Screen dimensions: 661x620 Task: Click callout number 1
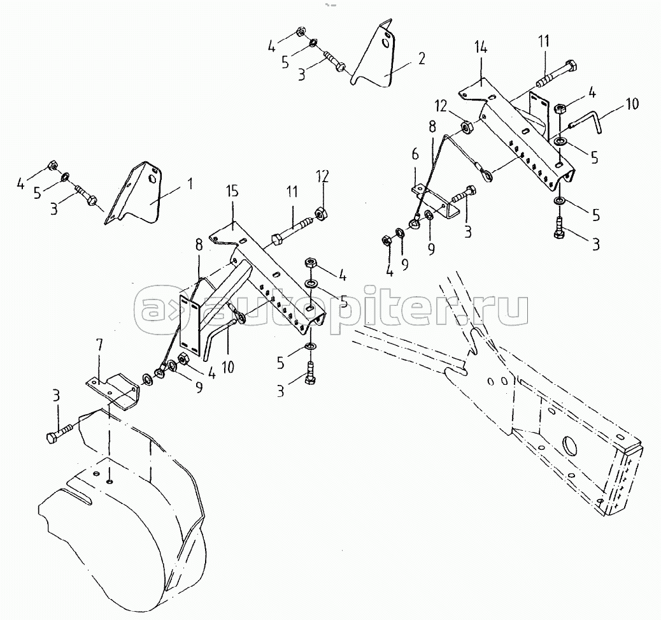pyautogui.click(x=190, y=184)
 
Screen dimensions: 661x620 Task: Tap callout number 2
pyautogui.click(x=422, y=58)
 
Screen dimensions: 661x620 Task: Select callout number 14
pyautogui.click(x=480, y=48)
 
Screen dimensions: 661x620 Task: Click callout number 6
pyautogui.click(x=416, y=154)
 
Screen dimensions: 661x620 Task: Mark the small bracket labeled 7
pyautogui.click(x=114, y=389)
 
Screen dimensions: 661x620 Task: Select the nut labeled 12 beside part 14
pyautogui.click(x=467, y=127)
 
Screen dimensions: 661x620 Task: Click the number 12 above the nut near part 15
pyautogui.click(x=322, y=177)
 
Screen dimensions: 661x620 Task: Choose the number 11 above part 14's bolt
pyautogui.click(x=544, y=41)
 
